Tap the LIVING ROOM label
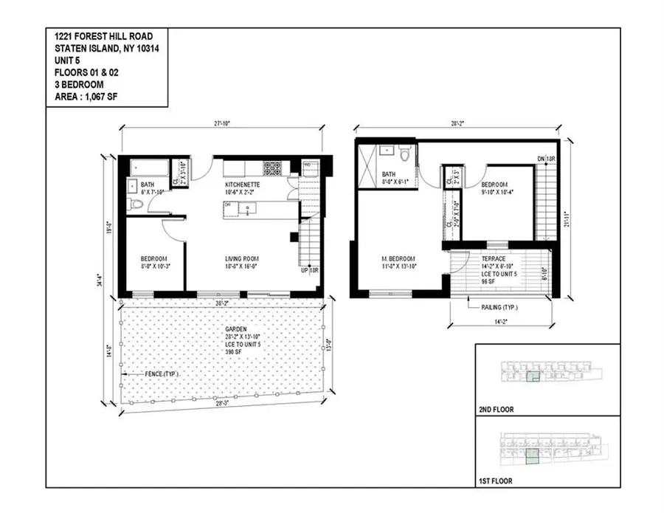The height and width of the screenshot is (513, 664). [242, 258]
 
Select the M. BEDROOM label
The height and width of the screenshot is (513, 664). [399, 258]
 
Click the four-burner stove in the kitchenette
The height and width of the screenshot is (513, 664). [272, 168]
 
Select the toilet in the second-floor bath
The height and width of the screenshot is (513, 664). [404, 156]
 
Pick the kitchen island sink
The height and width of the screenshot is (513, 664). [249, 207]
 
